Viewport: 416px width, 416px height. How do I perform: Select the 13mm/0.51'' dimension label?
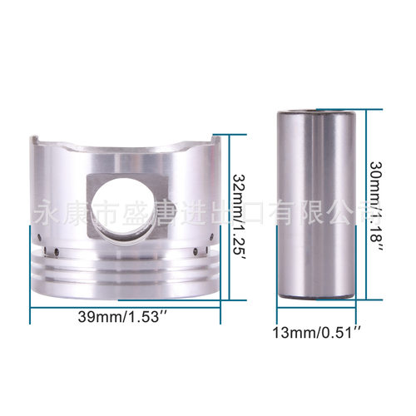point(318,333)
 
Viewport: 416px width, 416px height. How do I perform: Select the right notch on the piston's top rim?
point(216,144)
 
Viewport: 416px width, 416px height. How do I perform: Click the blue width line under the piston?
point(125,305)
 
